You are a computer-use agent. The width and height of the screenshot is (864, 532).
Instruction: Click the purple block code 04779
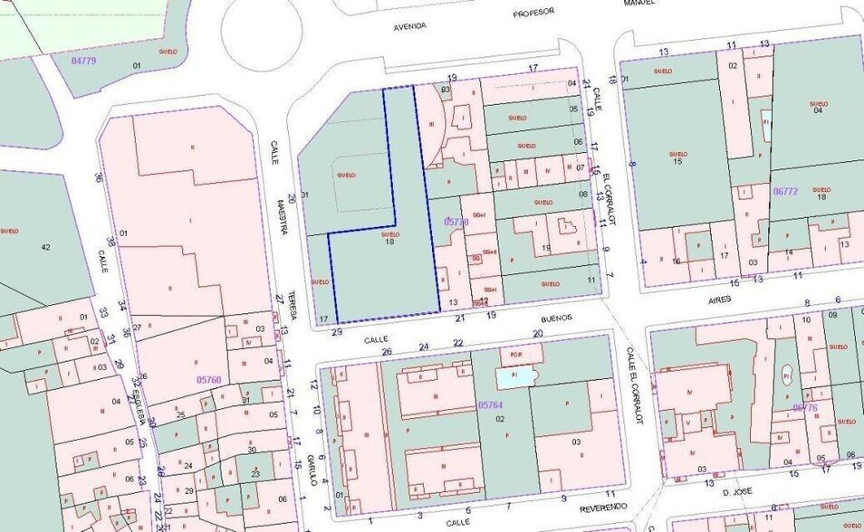(83, 61)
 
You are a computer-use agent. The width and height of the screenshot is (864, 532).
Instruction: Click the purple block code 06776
(805, 407)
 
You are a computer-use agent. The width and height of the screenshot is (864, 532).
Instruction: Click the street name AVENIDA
(409, 26)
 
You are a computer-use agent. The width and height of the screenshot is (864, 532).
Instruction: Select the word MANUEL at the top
(639, 3)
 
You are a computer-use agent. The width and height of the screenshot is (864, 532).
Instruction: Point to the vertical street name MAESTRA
(282, 216)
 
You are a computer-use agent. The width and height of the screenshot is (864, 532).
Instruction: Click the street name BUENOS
(557, 318)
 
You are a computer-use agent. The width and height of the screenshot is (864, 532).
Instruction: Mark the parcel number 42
(45, 246)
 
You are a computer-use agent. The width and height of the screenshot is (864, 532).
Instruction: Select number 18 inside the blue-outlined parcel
(389, 242)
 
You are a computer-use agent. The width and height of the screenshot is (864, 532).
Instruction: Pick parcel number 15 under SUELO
(677, 162)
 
